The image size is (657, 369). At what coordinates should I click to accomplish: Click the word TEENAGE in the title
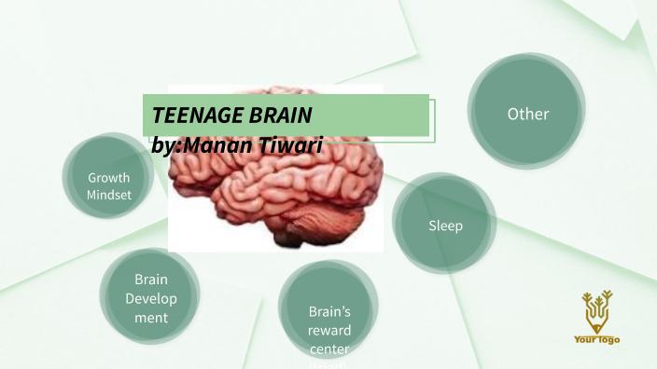(x=187, y=116)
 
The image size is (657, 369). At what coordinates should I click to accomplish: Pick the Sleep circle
(x=444, y=224)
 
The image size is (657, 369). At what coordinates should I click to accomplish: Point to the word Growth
(x=108, y=177)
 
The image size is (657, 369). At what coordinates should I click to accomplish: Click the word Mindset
(x=108, y=196)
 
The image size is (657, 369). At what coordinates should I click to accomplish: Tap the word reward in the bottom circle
(x=328, y=330)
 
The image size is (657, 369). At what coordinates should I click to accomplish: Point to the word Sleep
(x=445, y=225)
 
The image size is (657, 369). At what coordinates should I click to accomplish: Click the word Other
(x=527, y=114)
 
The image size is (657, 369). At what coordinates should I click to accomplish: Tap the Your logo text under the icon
(x=596, y=340)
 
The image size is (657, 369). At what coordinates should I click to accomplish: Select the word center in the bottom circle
(x=328, y=348)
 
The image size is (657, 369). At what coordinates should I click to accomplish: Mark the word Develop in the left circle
(x=150, y=298)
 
